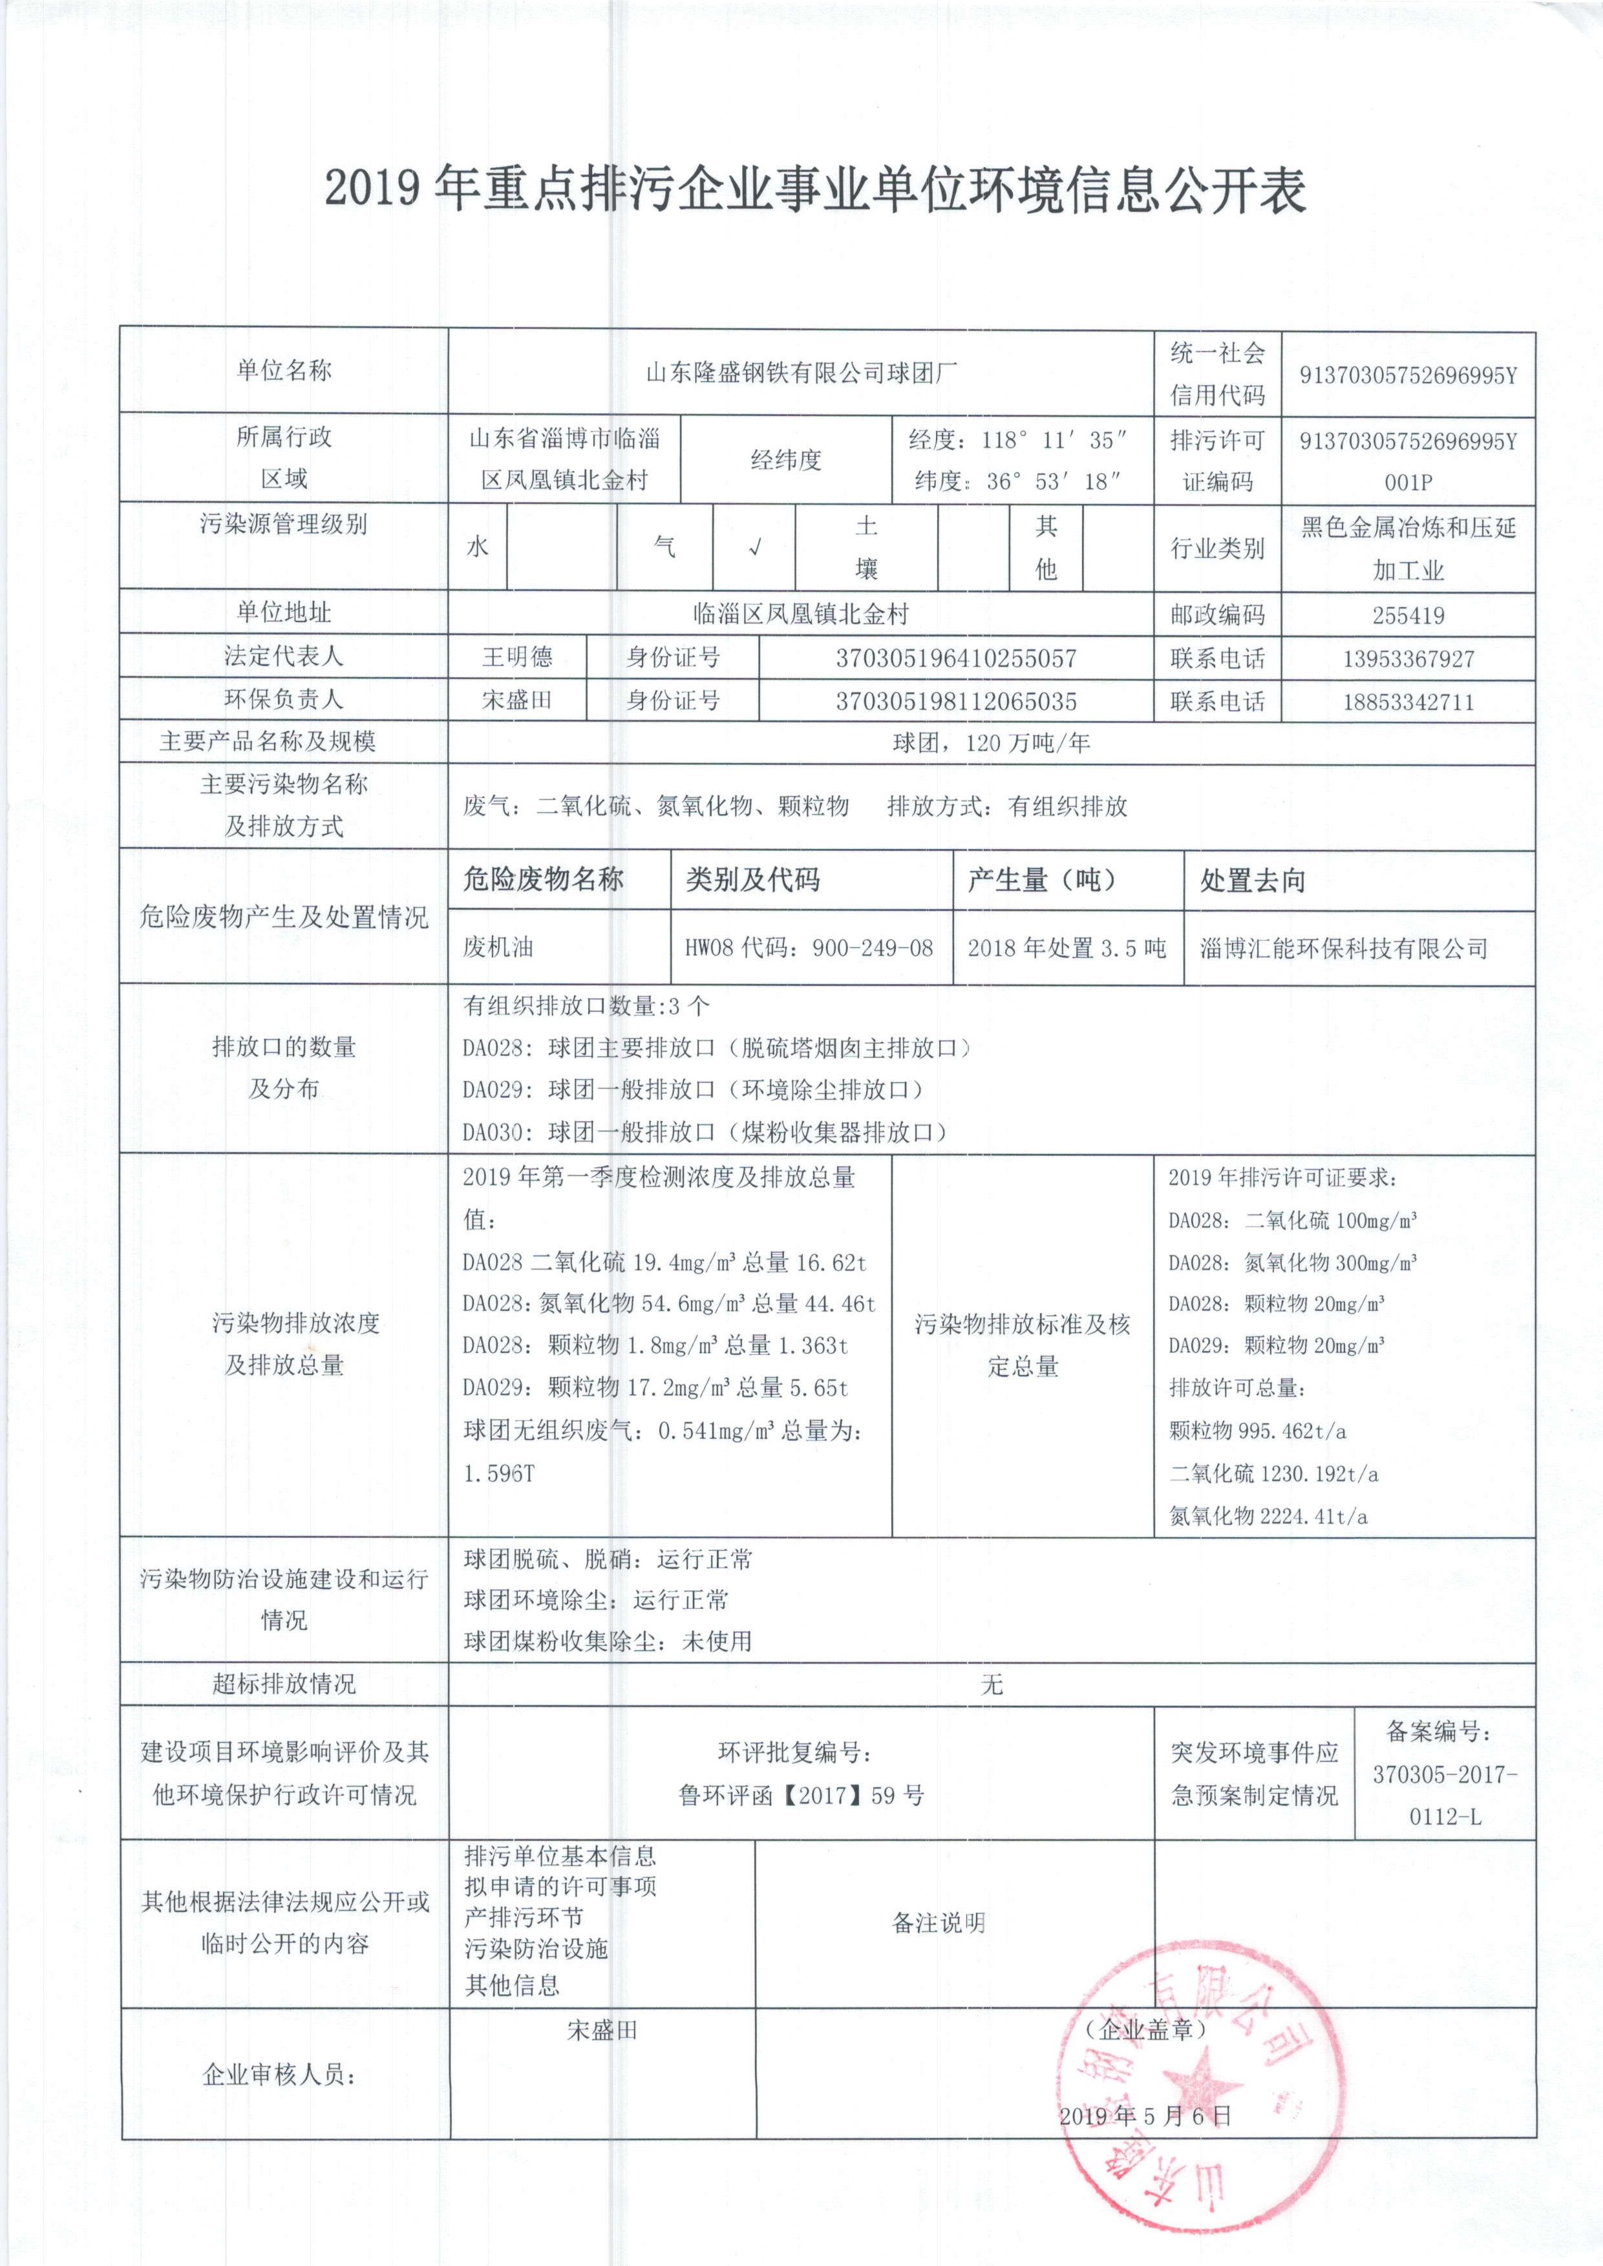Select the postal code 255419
1408,616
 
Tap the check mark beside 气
754,548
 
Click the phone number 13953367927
1408,658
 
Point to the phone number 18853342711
1408,702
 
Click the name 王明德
517,657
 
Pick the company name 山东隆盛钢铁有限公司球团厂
801,373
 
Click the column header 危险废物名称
543,879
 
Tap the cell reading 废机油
498,947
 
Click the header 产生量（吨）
1041,879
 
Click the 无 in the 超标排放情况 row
992,1684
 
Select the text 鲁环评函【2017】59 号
801,1795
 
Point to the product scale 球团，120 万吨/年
991,742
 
